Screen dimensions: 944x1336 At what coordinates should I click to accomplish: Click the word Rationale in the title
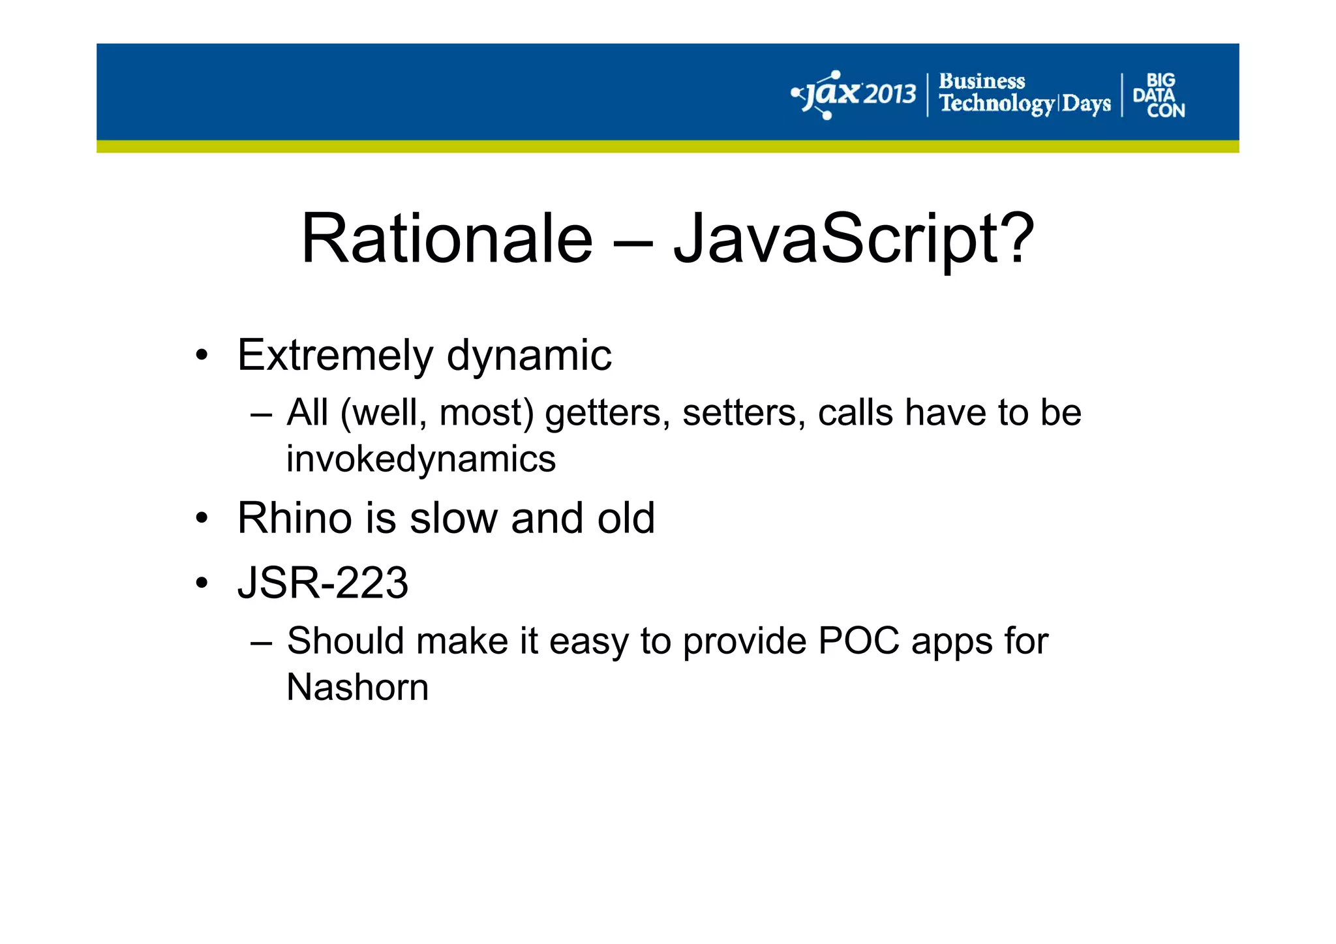pyautogui.click(x=446, y=239)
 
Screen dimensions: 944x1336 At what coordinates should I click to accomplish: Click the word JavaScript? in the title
pyautogui.click(x=853, y=239)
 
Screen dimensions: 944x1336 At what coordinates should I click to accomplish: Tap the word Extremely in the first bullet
pyautogui.click(x=335, y=356)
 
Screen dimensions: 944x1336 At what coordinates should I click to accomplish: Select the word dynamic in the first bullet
pyautogui.click(x=529, y=356)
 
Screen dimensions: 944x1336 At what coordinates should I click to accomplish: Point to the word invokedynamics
pyautogui.click(x=421, y=459)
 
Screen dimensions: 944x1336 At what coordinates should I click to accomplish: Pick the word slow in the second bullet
pyautogui.click(x=453, y=518)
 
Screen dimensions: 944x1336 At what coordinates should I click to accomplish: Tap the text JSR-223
pyautogui.click(x=322, y=583)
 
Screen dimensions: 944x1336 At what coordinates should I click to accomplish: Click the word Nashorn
pyautogui.click(x=357, y=687)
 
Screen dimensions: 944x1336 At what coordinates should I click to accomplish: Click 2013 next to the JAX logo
pyautogui.click(x=890, y=95)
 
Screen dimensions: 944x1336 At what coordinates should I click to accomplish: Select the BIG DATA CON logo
pyautogui.click(x=1159, y=95)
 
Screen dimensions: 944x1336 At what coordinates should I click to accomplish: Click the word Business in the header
pyautogui.click(x=981, y=82)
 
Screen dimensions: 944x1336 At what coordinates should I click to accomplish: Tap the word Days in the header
pyautogui.click(x=1086, y=104)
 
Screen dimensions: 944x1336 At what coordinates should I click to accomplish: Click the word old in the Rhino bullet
pyautogui.click(x=628, y=518)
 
